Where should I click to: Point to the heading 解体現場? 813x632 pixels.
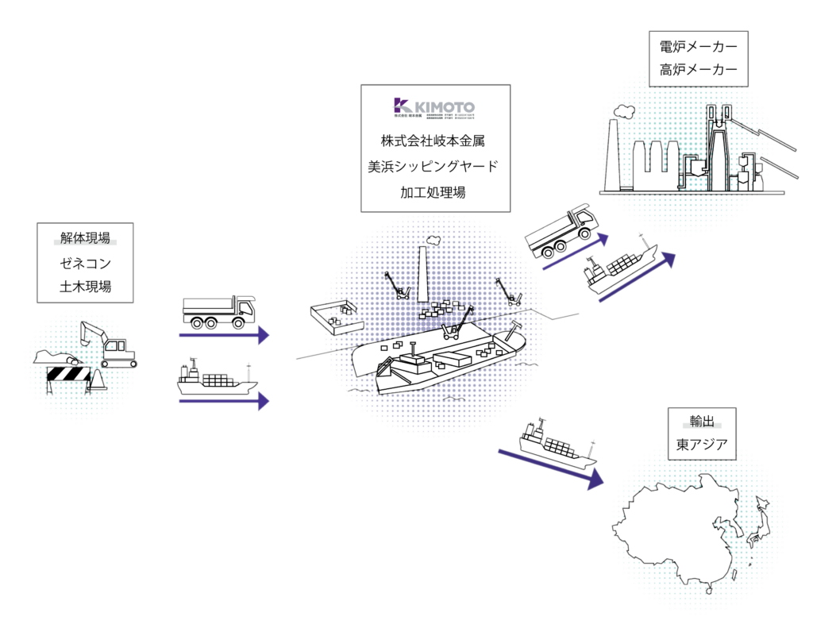click(84, 239)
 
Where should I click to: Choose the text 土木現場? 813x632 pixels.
click(84, 286)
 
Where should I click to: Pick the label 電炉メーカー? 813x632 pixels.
click(697, 45)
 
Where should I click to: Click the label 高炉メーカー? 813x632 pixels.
click(697, 70)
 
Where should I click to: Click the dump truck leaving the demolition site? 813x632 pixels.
click(218, 311)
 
